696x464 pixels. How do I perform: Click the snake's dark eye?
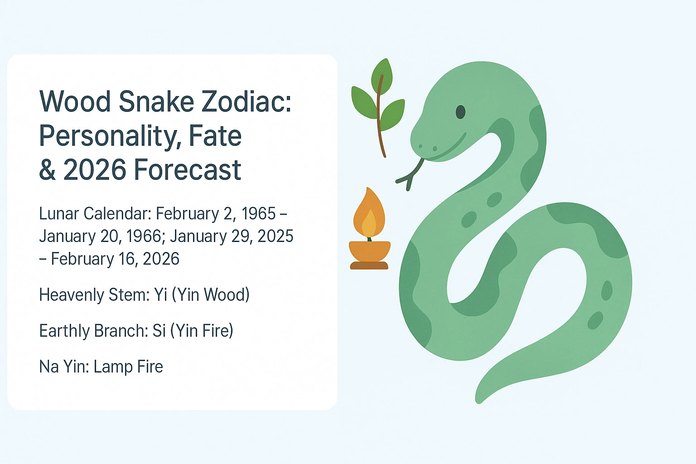click(460, 111)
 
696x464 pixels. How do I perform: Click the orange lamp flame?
click(369, 213)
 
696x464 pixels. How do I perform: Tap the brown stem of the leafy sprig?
click(380, 122)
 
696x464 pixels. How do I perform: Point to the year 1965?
click(258, 213)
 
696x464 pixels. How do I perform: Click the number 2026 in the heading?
click(94, 170)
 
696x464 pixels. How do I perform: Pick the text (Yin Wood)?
click(211, 295)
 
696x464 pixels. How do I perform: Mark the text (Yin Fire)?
click(202, 331)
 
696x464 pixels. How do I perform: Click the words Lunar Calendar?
click(95, 213)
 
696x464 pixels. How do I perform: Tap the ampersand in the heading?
click(47, 170)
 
